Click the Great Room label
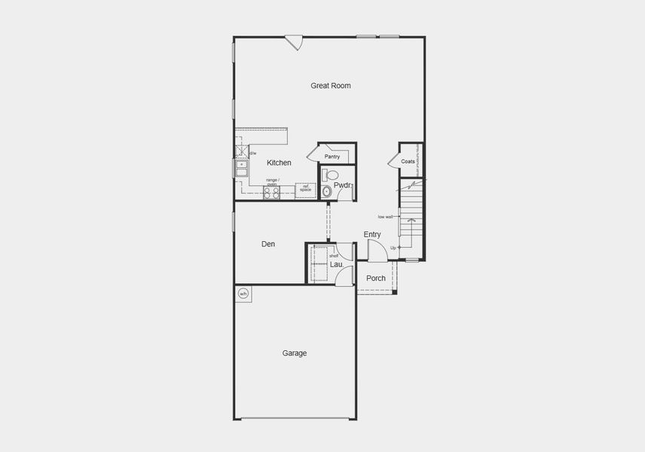point(330,86)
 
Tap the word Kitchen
point(279,163)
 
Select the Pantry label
point(332,157)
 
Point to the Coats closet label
point(408,161)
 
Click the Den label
point(268,244)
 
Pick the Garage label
point(295,353)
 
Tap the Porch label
point(376,279)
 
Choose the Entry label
point(372,235)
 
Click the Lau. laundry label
point(337,264)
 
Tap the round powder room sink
point(326,191)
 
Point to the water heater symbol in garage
point(243,293)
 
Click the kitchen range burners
point(271,192)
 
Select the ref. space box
point(305,189)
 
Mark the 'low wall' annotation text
point(385,217)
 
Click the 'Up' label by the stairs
point(393,247)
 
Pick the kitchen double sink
point(241,169)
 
